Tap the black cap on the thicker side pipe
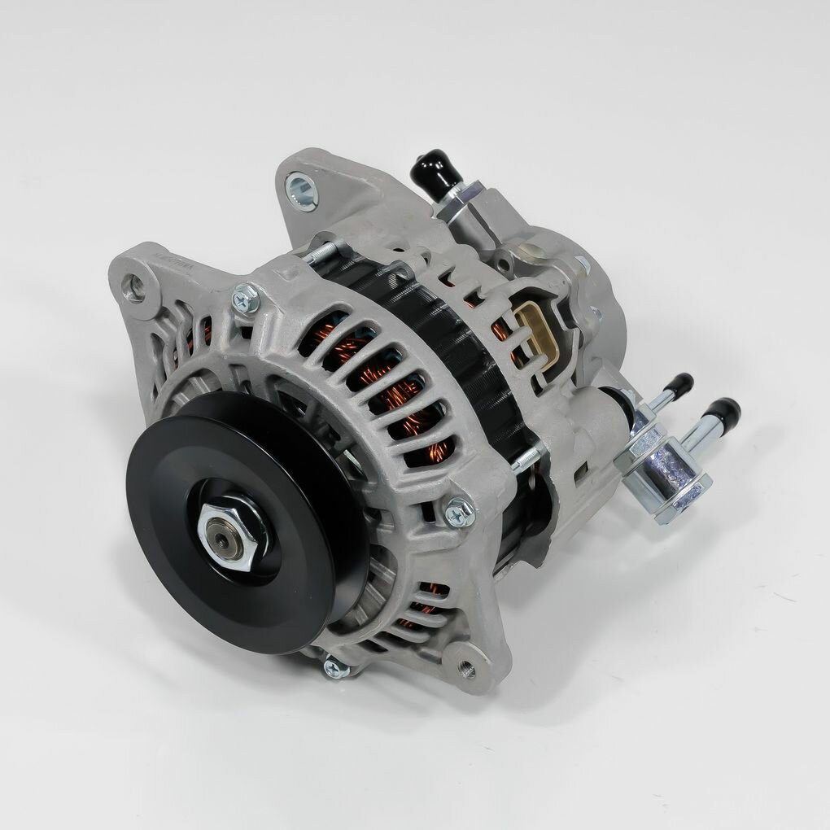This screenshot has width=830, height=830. click(x=723, y=411)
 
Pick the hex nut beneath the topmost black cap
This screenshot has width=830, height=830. click(x=452, y=195)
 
